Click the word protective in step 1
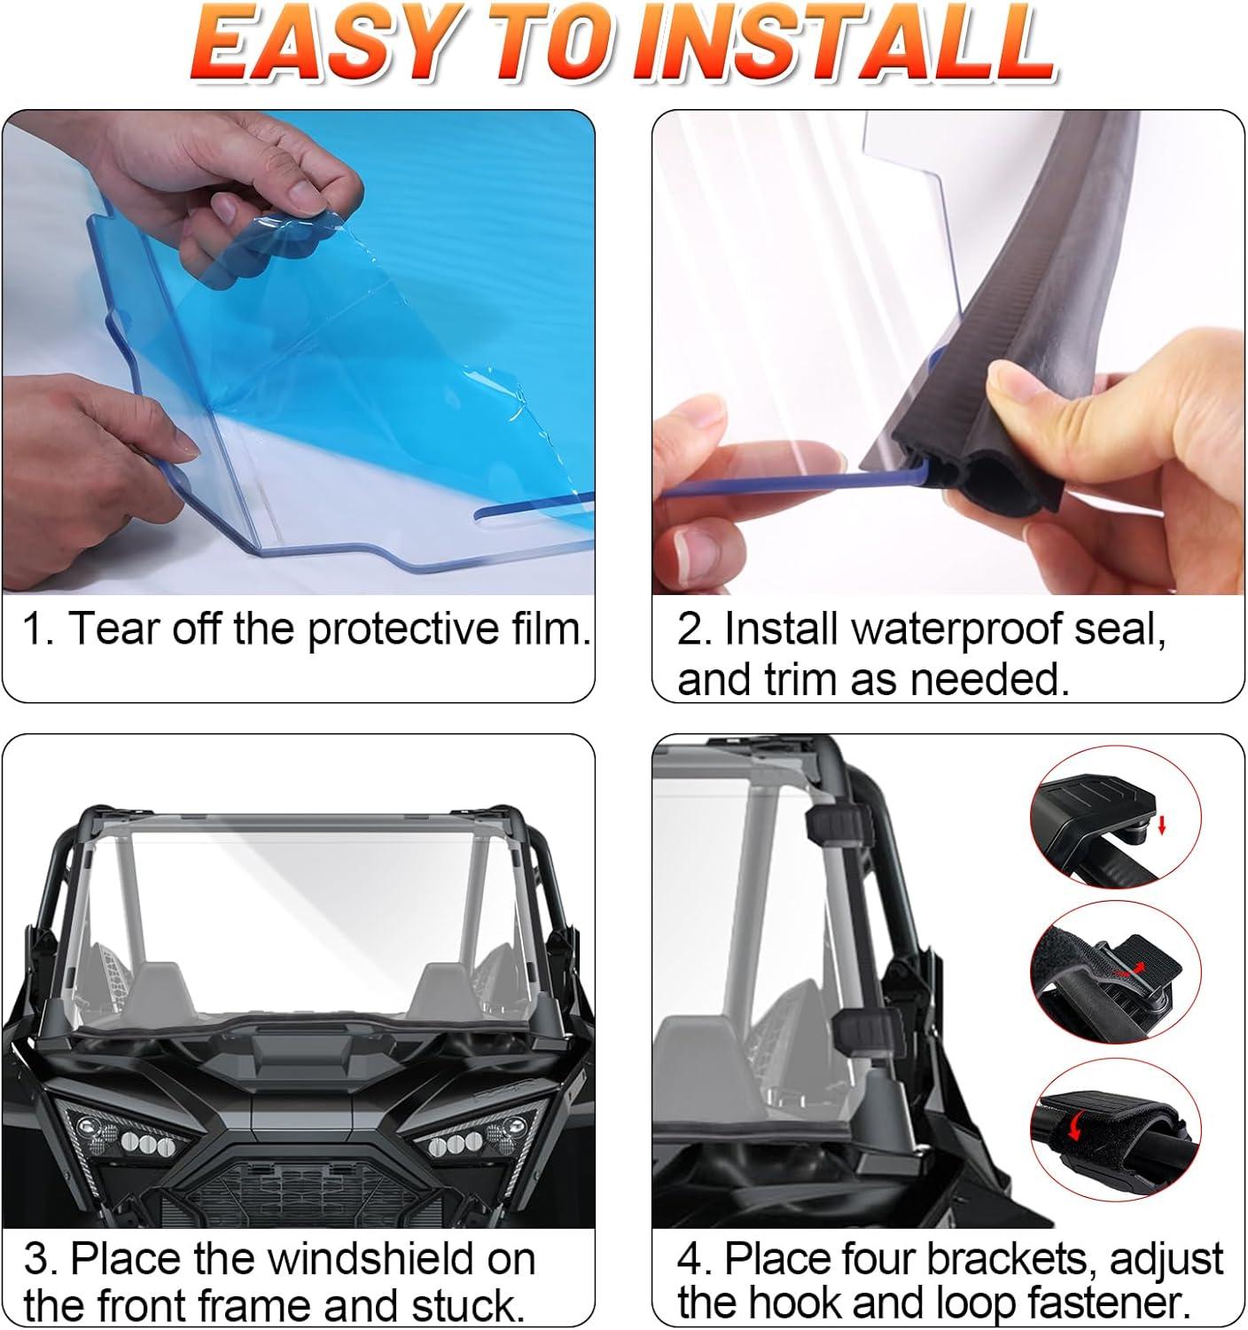coord(401,630)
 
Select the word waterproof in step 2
coord(955,630)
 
